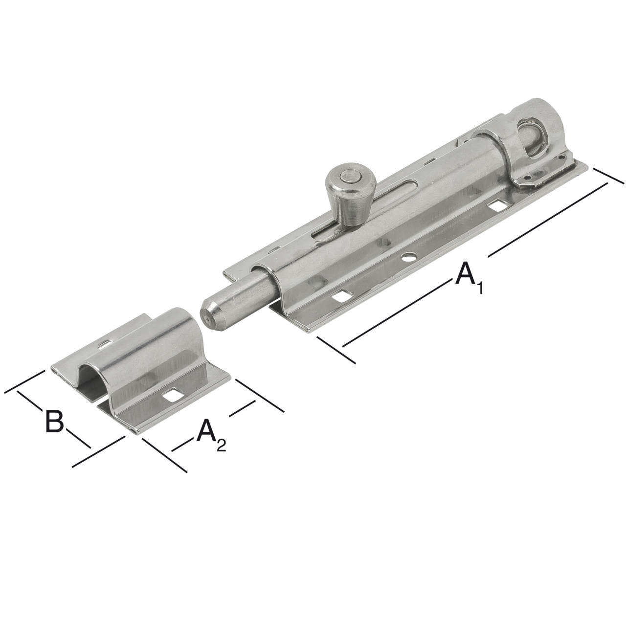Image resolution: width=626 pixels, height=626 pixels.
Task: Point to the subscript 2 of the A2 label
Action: click(x=221, y=446)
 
